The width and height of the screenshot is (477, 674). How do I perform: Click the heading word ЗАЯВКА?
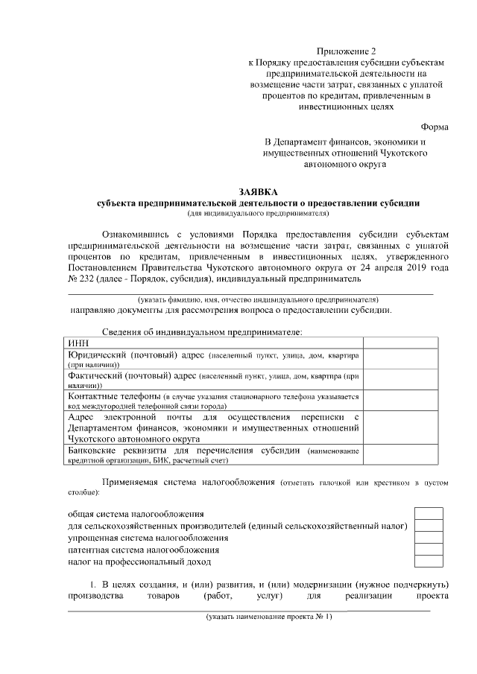(258, 191)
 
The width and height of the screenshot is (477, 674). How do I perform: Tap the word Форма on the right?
(435, 127)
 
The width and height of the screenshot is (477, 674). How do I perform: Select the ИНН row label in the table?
(78, 342)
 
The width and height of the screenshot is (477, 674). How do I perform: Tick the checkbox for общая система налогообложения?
(429, 514)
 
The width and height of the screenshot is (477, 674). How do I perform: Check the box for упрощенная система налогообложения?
(429, 538)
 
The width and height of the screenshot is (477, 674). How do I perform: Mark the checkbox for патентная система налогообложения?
(429, 550)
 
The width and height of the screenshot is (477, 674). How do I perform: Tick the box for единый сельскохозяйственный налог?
(429, 526)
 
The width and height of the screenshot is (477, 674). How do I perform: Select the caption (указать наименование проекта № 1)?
(270, 617)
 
